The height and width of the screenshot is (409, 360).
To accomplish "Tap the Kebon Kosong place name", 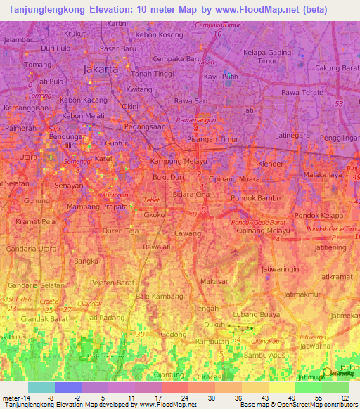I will point(159,34).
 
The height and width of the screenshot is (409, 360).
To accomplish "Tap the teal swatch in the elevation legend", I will point(41,387).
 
